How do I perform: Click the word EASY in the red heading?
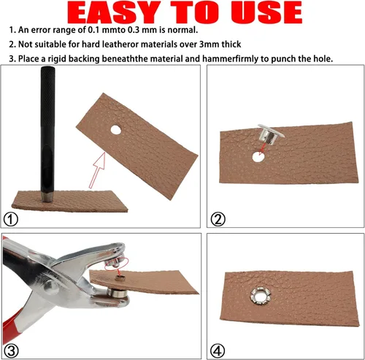[114, 12]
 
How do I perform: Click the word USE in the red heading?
[266, 12]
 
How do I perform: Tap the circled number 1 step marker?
[11, 220]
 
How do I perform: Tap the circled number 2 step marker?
[218, 220]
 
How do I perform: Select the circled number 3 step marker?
[11, 351]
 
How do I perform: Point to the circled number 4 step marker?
[218, 351]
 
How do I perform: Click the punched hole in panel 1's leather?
[116, 130]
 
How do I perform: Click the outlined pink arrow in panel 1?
[97, 170]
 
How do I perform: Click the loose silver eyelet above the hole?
[270, 134]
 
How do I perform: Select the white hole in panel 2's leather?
[258, 157]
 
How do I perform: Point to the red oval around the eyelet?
[116, 264]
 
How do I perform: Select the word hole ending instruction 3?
[321, 58]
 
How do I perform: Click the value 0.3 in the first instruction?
[134, 30]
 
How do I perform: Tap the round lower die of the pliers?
[117, 293]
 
